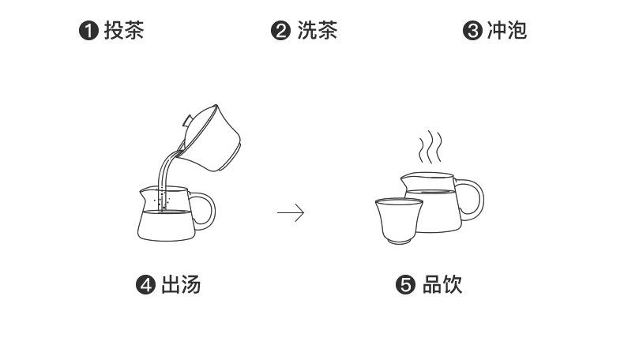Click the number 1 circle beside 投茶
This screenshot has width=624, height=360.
click(89, 32)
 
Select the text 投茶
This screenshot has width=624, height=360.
click(124, 32)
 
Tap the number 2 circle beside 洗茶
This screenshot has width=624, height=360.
click(280, 32)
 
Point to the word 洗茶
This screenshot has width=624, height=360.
click(318, 32)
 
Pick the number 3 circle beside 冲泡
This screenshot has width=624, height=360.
click(472, 32)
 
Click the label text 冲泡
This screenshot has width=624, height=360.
click(507, 32)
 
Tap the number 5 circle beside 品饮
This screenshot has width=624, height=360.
click(405, 285)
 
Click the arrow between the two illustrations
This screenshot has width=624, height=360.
click(291, 212)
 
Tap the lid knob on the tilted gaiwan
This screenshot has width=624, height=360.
click(186, 121)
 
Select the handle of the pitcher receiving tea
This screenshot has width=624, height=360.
click(203, 211)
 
